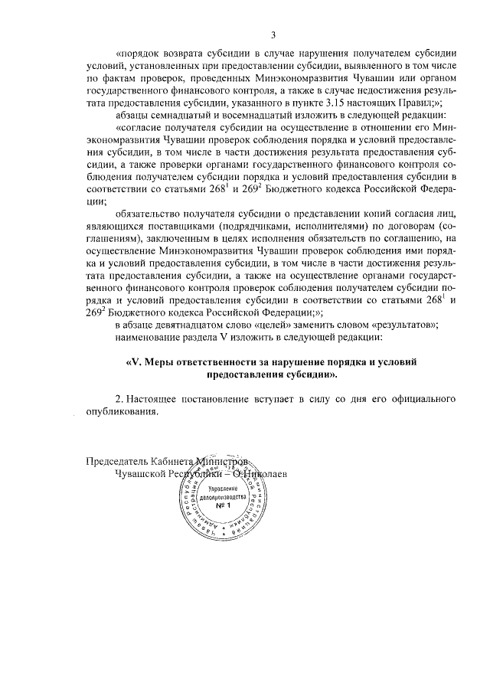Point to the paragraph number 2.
(x=118, y=399)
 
